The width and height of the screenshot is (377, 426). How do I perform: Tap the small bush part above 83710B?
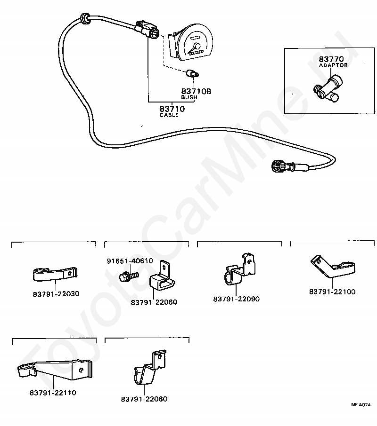pos(192,73)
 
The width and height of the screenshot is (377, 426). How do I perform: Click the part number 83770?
pos(331,59)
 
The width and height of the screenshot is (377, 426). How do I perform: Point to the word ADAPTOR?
pos(333,65)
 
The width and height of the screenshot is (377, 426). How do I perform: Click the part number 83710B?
pos(196,91)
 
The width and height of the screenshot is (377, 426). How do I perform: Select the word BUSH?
pos(189,97)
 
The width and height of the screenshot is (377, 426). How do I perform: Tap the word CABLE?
pos(169,115)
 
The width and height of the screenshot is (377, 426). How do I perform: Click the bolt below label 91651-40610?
pos(129,276)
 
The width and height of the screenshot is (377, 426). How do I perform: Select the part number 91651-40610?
pos(130,261)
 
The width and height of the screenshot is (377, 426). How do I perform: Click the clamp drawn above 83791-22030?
pos(55,274)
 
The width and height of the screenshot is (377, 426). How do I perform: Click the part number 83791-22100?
pos(332,292)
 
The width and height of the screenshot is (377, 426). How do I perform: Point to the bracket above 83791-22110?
pos(54,369)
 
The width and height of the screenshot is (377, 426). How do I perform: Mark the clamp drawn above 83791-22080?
pos(150,367)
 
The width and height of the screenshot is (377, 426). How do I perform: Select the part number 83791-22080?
pos(144,399)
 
